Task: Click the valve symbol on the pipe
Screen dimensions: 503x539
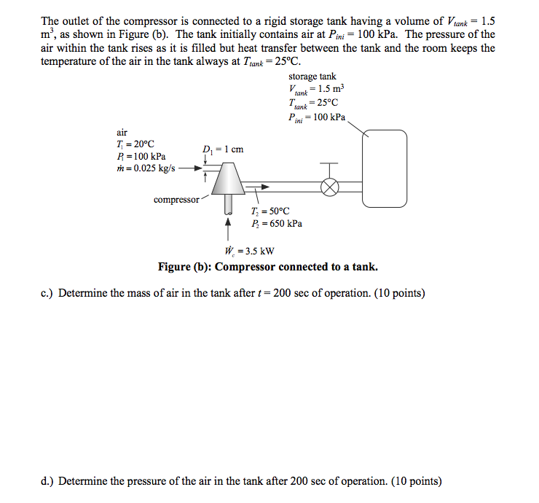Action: pyautogui.click(x=330, y=186)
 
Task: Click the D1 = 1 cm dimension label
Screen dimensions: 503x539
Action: pyautogui.click(x=223, y=149)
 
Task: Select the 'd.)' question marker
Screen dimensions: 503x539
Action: pyautogui.click(x=48, y=481)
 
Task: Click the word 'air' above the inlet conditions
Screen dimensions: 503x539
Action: pyautogui.click(x=122, y=132)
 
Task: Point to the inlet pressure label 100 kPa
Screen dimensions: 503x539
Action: pyautogui.click(x=141, y=156)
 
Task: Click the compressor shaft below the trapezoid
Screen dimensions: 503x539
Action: pyautogui.click(x=229, y=201)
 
